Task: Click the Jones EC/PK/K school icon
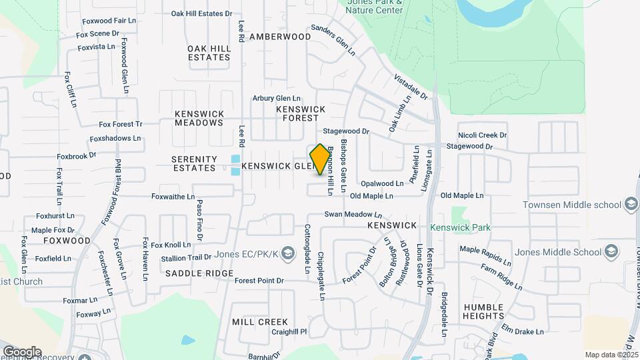point(287,254)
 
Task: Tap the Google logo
point(21,352)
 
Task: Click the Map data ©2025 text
point(611,355)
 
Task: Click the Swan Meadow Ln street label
point(353,215)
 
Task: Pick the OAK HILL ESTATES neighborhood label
point(209,53)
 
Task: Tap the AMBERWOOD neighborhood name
point(280,37)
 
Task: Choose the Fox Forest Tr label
point(121,124)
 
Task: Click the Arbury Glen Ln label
point(277,99)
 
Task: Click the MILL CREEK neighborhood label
point(260,322)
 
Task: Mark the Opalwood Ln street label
point(382,183)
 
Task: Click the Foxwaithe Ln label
point(173,197)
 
